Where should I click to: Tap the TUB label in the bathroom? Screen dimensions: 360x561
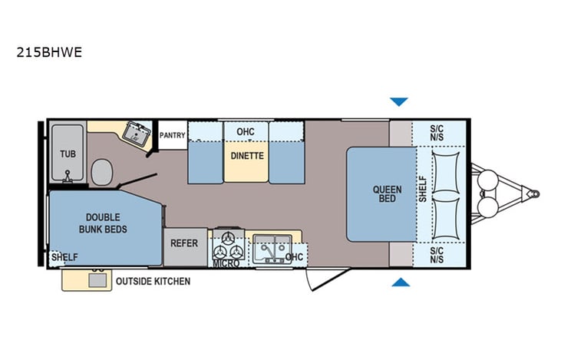68,154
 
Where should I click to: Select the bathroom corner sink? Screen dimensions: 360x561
137,134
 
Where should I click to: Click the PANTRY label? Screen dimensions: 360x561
172,136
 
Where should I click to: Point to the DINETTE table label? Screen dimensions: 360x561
246,156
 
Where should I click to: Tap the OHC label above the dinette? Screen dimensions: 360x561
245,132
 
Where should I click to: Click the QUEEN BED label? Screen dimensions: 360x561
386,195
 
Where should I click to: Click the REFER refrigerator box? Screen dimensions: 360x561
184,243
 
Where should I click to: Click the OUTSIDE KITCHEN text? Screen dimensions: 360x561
153,282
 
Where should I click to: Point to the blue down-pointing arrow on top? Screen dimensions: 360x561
399,101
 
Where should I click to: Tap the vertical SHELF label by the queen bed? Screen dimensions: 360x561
423,189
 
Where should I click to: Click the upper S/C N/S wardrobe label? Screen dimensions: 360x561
437,132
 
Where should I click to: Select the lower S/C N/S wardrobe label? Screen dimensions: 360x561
437,255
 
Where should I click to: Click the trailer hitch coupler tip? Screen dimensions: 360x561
533,193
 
